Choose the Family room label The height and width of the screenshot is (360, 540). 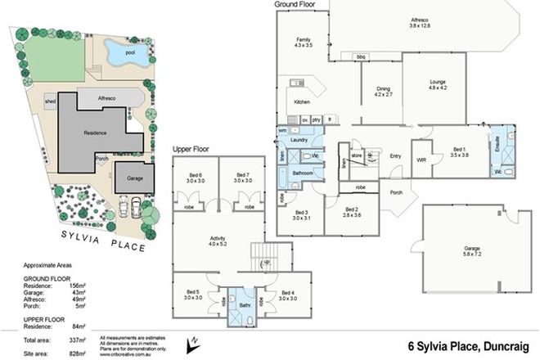304,42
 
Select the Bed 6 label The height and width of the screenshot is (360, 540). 195,177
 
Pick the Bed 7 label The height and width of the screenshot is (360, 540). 241,177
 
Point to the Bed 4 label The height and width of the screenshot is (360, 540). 288,295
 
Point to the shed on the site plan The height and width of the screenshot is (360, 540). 50,101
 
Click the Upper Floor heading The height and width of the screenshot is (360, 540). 191,149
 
